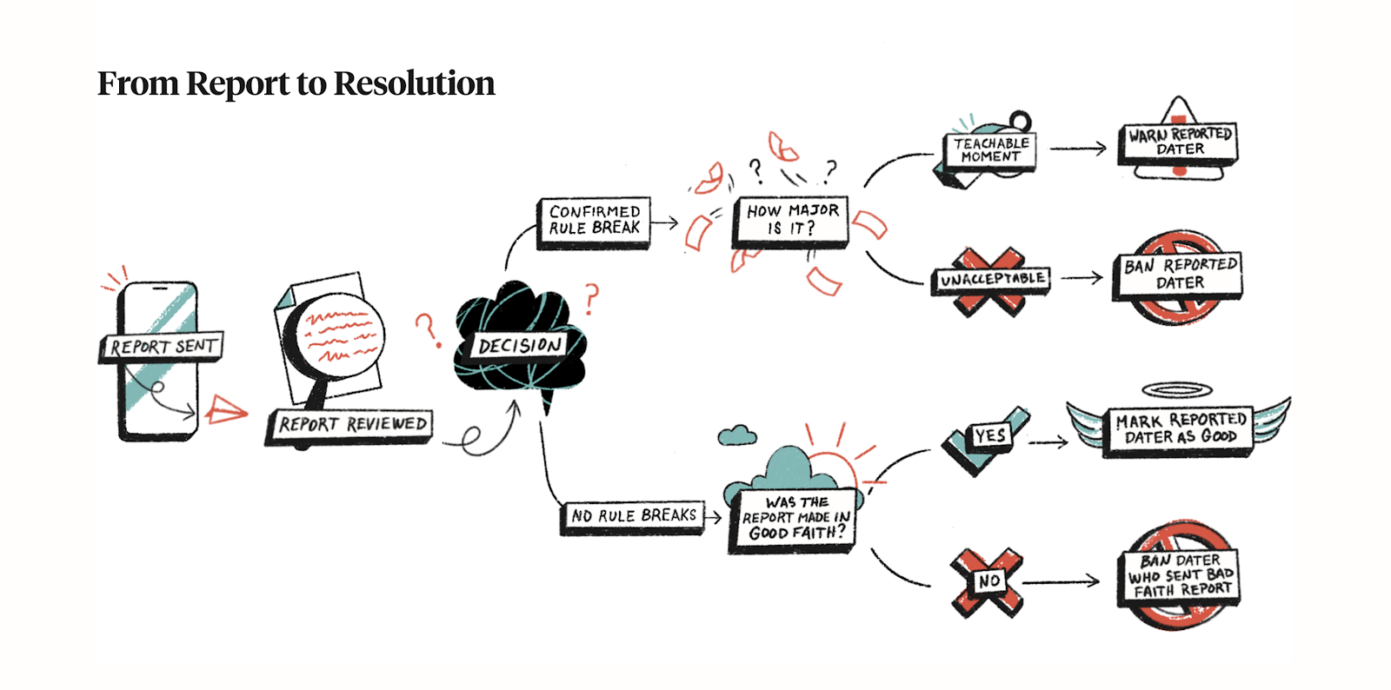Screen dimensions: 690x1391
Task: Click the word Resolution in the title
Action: (x=414, y=83)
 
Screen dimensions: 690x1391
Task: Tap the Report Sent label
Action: (x=163, y=346)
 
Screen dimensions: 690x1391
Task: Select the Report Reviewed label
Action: (x=351, y=424)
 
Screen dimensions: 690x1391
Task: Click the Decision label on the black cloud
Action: (x=520, y=345)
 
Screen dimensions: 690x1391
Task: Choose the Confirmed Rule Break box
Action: (x=594, y=220)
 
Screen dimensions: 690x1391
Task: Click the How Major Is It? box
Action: (x=791, y=220)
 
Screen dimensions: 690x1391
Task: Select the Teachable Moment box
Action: (x=990, y=149)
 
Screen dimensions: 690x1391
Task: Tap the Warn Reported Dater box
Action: (x=1180, y=142)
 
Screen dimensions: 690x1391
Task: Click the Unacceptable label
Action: (x=992, y=279)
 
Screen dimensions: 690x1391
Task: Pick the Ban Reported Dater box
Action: (x=1180, y=274)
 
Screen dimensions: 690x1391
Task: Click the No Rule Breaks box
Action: (x=633, y=515)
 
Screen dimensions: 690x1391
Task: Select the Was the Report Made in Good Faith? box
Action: (x=794, y=518)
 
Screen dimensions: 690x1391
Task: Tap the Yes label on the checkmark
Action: (x=989, y=435)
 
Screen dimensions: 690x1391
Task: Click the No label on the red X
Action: (x=988, y=581)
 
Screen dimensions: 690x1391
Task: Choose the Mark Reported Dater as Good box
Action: (x=1180, y=428)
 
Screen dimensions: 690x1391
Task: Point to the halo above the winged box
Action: (x=1177, y=389)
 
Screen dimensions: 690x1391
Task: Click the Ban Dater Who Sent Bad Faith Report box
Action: (x=1180, y=574)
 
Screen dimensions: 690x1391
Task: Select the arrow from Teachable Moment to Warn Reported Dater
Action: (x=1078, y=149)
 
